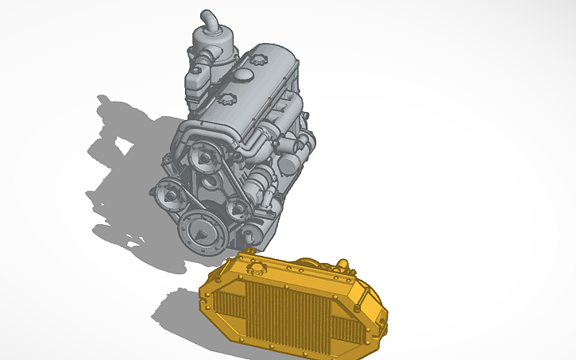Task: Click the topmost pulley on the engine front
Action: (204, 158)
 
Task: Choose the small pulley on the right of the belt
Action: (237, 209)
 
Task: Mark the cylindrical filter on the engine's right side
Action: (289, 162)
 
